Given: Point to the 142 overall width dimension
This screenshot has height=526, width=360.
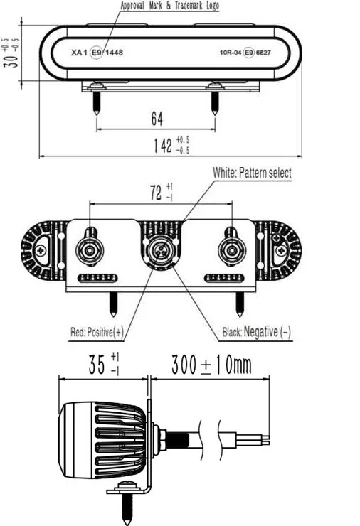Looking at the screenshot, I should click(164, 146).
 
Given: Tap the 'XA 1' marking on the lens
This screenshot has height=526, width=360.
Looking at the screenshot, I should click(79, 53).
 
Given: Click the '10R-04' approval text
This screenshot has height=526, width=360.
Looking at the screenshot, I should click(231, 53).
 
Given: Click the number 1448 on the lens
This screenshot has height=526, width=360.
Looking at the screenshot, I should click(114, 53).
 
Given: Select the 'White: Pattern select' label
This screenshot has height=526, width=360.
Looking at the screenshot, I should click(252, 173).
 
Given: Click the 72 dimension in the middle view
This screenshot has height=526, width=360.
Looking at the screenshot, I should click(155, 192).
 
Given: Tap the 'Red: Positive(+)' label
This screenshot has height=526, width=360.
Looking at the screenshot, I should click(96, 331).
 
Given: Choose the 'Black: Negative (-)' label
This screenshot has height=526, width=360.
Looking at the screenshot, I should click(257, 332).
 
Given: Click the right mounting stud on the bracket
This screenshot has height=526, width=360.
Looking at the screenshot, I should click(231, 249).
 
